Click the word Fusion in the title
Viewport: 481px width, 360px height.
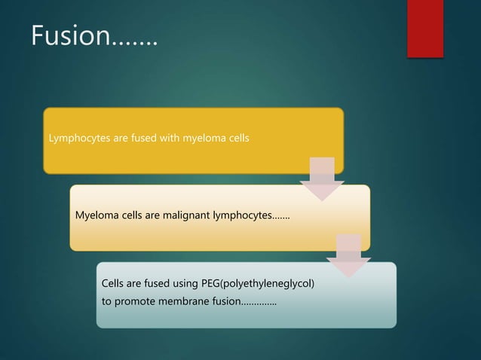point(69,35)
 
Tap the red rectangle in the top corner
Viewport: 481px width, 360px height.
point(425,28)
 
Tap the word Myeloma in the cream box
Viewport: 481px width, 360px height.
point(97,216)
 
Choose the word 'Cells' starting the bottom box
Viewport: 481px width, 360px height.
point(115,284)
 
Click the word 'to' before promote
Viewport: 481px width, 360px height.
point(107,302)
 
